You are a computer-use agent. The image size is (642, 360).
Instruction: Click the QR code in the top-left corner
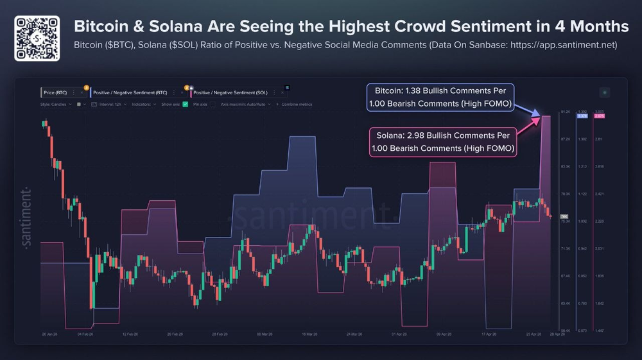pos(37,39)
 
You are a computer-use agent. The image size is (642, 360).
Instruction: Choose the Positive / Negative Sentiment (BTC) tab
pos(131,92)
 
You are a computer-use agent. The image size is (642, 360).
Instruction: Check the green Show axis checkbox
pos(185,104)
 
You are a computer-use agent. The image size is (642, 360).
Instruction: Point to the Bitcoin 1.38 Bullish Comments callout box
pos(440,98)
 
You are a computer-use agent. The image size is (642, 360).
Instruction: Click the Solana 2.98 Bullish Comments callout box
pos(444,142)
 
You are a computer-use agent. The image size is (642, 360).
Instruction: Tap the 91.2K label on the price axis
pos(566,112)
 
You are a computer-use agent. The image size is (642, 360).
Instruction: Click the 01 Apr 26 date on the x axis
pos(398,334)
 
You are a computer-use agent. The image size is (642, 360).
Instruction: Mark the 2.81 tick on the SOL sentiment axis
pos(599,139)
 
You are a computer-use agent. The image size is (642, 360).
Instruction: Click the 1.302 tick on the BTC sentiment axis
pos(582,139)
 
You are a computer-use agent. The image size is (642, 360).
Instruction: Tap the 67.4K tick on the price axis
pos(566,276)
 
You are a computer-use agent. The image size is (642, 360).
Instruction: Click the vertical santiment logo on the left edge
pos(26,218)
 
